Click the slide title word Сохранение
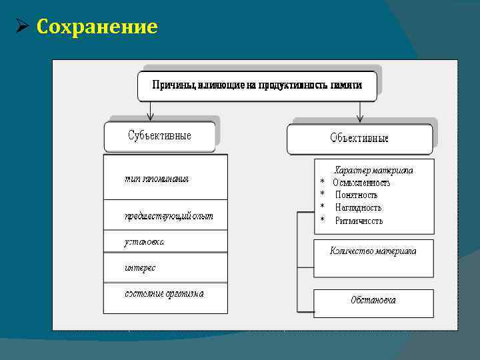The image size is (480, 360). [x=97, y=27]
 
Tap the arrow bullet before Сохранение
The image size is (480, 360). [x=21, y=27]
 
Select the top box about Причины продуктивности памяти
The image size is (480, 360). [x=257, y=86]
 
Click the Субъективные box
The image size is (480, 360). [x=160, y=136]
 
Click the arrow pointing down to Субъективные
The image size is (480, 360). [x=151, y=111]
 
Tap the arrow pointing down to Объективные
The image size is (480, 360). [x=360, y=111]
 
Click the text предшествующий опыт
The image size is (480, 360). [x=169, y=216]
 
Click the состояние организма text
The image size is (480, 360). [x=164, y=293]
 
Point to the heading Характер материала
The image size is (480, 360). [x=373, y=170]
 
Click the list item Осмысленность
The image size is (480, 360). [x=361, y=183]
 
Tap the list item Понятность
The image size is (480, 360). [x=356, y=195]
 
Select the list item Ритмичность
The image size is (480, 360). [x=359, y=221]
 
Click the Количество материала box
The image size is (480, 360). [x=373, y=251]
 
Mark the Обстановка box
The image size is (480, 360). [x=373, y=300]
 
